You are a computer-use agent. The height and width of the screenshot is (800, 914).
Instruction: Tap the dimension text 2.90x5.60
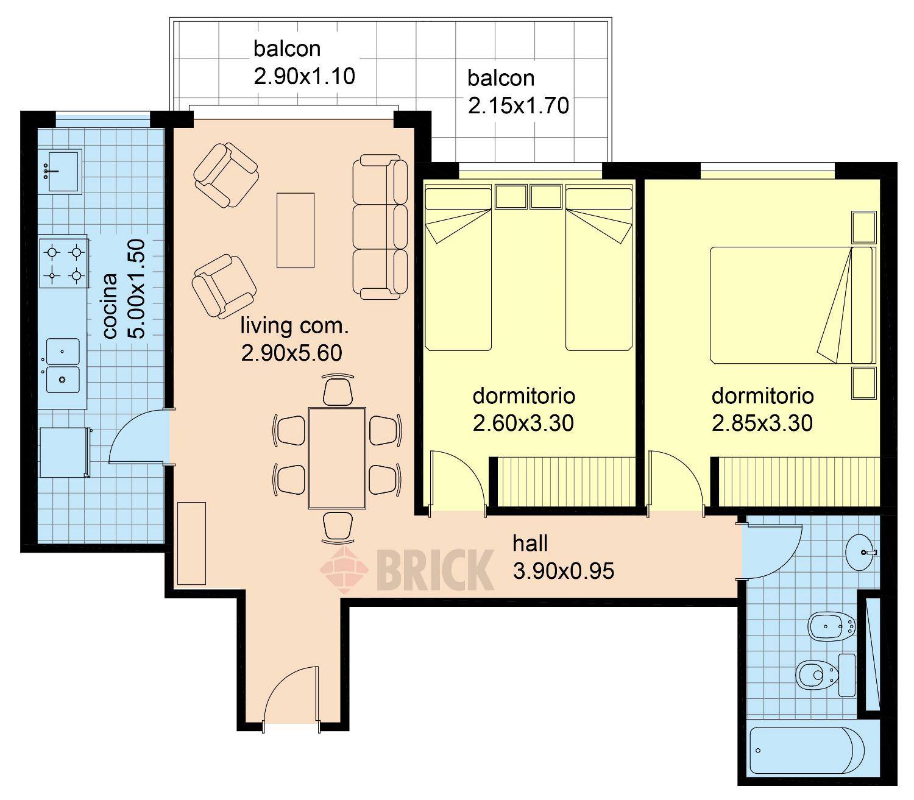click(292, 353)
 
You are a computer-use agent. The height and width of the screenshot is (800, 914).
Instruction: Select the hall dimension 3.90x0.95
click(563, 571)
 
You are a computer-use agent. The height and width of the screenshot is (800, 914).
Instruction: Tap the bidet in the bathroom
click(832, 627)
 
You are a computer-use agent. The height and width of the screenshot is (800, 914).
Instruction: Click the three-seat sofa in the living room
click(380, 227)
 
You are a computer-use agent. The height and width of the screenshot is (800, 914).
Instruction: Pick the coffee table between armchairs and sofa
click(296, 230)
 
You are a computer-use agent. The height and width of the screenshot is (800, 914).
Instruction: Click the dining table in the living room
click(338, 458)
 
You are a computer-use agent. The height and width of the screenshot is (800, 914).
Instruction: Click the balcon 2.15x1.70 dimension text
click(518, 106)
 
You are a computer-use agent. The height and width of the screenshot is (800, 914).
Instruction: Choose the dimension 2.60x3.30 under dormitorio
click(523, 423)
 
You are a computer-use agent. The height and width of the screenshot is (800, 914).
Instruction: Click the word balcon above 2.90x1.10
click(287, 49)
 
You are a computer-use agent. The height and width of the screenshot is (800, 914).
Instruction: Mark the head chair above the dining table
click(338, 390)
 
